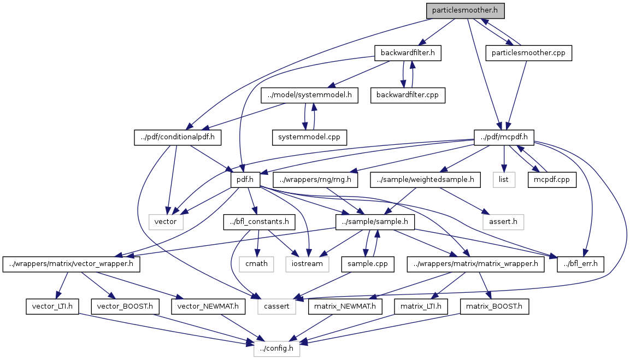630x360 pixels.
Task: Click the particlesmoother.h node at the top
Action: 465,10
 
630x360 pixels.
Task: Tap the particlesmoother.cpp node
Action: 528,53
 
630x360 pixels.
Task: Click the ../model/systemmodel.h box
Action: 309,95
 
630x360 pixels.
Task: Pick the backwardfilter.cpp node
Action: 407,95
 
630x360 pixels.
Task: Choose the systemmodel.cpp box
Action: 310,137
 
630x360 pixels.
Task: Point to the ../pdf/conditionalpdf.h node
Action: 178,137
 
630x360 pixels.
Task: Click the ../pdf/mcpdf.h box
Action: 504,137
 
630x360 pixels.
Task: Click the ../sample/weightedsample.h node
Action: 425,179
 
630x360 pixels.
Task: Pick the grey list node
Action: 503,179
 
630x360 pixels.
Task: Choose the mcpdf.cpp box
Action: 551,179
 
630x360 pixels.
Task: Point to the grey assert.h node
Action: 503,221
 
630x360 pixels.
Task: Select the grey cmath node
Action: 256,264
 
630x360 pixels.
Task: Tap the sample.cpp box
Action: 367,264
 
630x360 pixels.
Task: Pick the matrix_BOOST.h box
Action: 494,306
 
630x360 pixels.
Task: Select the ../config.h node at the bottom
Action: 276,349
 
